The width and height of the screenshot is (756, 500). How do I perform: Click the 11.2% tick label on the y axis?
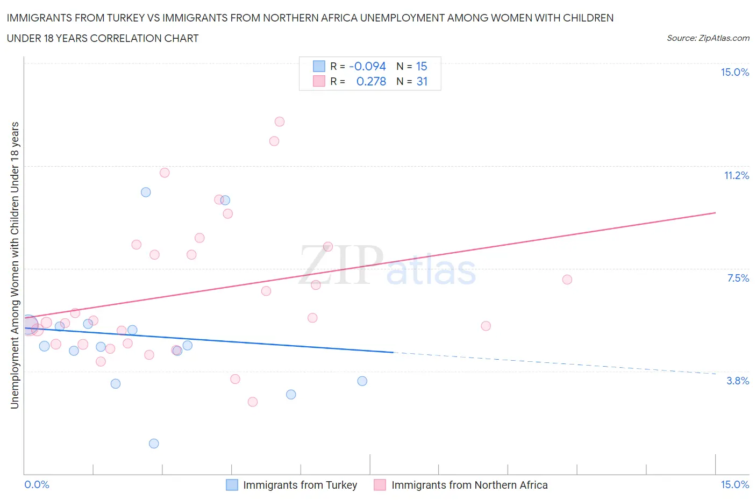[x=736, y=175]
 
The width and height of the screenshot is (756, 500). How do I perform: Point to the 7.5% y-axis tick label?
[x=738, y=278]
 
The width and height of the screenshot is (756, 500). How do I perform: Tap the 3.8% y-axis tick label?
[x=738, y=381]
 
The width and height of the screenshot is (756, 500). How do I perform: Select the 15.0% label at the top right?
[x=734, y=72]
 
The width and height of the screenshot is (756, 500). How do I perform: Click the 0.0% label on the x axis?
[x=37, y=484]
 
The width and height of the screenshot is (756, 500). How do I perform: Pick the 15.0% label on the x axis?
[x=734, y=484]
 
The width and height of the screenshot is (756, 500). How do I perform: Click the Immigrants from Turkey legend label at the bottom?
[x=300, y=485]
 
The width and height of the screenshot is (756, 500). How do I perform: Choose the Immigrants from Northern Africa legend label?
[x=469, y=485]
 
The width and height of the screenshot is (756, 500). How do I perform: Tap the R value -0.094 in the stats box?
[x=367, y=66]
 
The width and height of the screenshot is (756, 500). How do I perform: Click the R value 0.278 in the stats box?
[x=371, y=81]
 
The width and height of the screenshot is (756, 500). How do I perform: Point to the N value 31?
[x=422, y=81]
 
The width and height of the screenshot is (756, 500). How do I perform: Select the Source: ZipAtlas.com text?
[x=708, y=38]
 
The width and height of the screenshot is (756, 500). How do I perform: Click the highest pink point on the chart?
[x=280, y=122]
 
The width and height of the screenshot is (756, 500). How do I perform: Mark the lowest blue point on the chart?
[x=154, y=444]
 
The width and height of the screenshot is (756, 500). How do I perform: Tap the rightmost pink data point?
[x=567, y=280]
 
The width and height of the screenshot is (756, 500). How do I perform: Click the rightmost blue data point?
[x=362, y=381]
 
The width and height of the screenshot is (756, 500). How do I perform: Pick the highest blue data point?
[x=146, y=192]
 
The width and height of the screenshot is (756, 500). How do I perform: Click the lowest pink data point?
[x=253, y=402]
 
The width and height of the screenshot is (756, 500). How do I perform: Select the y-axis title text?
[x=15, y=265]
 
